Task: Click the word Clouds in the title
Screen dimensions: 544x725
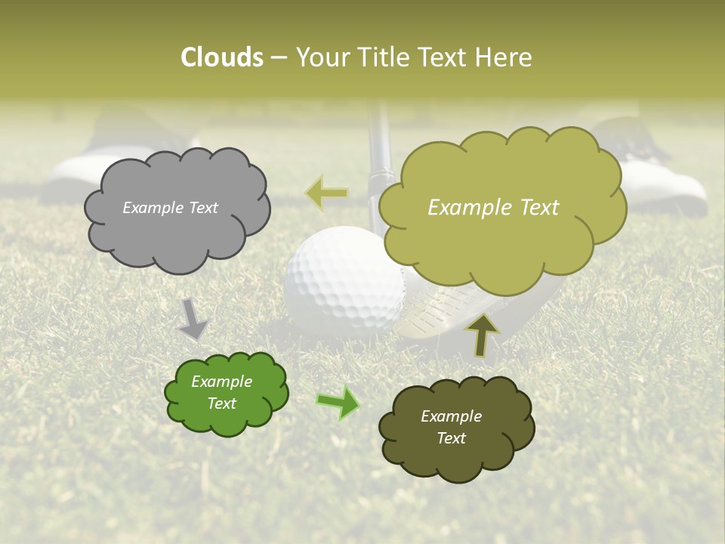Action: (222, 57)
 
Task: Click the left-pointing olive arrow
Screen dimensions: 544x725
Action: (326, 193)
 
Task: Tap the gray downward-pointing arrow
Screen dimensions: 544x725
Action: (193, 319)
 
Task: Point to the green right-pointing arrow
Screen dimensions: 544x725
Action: (338, 402)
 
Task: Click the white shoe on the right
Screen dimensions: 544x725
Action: (665, 185)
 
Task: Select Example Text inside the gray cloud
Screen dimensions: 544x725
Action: (170, 208)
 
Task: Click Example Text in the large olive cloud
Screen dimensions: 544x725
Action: (493, 208)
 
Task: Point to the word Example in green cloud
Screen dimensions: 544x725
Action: (221, 382)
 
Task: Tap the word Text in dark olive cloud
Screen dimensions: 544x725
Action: (451, 438)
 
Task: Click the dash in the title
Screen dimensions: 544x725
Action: (279, 58)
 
